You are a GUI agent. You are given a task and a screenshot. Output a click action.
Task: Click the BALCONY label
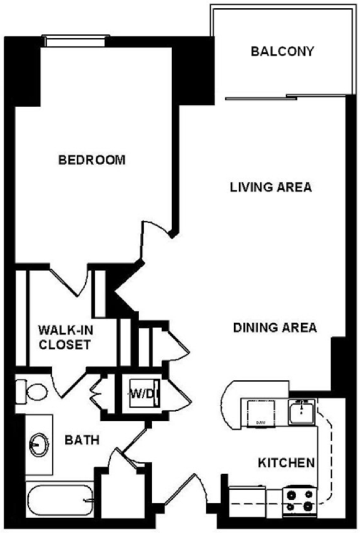pyautogui.click(x=282, y=51)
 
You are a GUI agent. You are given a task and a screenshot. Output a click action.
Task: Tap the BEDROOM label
pyautogui.click(x=92, y=160)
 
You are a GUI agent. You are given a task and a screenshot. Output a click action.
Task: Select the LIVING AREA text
pyautogui.click(x=271, y=187)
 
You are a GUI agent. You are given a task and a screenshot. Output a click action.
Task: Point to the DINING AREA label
pyautogui.click(x=275, y=328)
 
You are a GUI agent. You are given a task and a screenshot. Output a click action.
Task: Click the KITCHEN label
pyautogui.click(x=287, y=463)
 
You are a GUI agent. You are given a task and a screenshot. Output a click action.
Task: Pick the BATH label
pyautogui.click(x=82, y=440)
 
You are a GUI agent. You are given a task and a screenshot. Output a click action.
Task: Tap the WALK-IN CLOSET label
pyautogui.click(x=65, y=337)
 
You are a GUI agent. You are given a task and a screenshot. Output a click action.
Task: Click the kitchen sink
pyautogui.click(x=302, y=411)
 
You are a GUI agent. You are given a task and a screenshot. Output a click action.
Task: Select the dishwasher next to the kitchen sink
pyautogui.click(x=261, y=413)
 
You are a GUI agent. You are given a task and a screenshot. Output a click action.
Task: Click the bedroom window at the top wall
pyautogui.click(x=76, y=41)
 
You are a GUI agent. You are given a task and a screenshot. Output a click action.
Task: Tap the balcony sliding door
pyautogui.click(x=260, y=97)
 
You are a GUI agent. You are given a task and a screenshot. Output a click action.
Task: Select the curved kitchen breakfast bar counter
pyautogui.click(x=231, y=405)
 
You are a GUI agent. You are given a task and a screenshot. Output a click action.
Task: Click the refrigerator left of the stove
pyautogui.click(x=247, y=499)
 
